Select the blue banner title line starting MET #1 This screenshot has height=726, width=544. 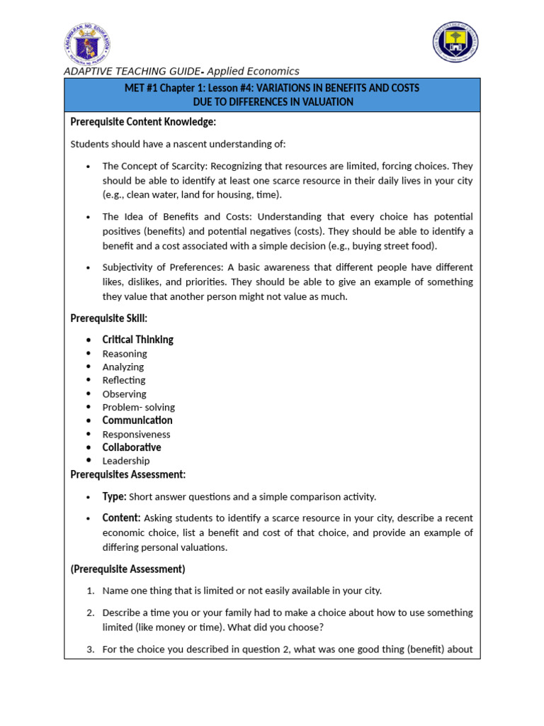click(x=271, y=88)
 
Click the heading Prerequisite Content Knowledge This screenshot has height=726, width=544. click(x=143, y=122)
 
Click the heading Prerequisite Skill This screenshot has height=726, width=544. click(x=108, y=318)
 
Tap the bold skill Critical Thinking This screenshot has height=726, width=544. click(x=137, y=340)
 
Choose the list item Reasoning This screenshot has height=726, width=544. click(x=125, y=353)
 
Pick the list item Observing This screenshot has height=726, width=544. click(x=124, y=393)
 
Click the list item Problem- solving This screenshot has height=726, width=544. click(x=138, y=407)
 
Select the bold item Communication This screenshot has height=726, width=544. click(x=137, y=420)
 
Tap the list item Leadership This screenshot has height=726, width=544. click(x=126, y=461)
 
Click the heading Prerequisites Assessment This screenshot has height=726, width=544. click(x=127, y=474)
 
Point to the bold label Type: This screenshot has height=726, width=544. click(x=114, y=496)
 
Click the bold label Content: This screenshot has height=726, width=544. click(x=121, y=518)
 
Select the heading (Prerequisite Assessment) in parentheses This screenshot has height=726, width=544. click(x=127, y=569)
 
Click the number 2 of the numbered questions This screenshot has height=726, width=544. click(x=91, y=613)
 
